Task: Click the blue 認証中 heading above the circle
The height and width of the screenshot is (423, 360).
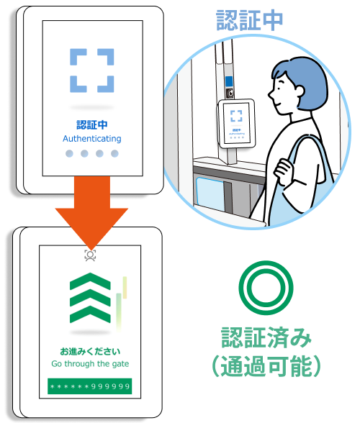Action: click(x=249, y=20)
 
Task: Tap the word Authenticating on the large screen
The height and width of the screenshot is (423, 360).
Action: click(x=92, y=139)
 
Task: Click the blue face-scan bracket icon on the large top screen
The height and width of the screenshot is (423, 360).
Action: click(x=92, y=70)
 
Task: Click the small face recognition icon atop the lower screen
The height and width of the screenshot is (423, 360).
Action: click(x=90, y=255)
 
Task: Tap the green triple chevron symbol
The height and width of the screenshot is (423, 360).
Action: click(x=90, y=298)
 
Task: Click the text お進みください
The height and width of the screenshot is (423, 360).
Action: click(x=90, y=351)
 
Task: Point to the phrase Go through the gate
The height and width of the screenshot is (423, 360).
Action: click(x=90, y=364)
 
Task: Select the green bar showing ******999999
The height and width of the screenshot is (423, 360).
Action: click(x=90, y=386)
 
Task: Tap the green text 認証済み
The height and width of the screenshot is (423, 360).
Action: click(x=266, y=337)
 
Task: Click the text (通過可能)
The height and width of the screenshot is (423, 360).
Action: click(x=266, y=366)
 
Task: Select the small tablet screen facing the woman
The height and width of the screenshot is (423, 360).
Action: click(x=237, y=123)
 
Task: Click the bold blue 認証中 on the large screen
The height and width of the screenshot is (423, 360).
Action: click(x=92, y=124)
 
